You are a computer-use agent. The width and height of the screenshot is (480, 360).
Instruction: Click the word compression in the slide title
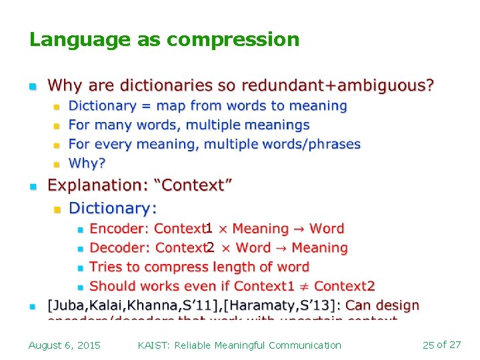(x=233, y=40)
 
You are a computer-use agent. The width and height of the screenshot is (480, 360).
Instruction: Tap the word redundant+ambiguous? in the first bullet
(x=337, y=86)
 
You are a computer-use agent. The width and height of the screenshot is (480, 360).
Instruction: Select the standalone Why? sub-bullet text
(x=87, y=163)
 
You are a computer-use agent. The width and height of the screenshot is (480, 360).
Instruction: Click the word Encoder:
(x=119, y=229)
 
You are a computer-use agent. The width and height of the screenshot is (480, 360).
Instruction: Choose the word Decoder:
(x=119, y=248)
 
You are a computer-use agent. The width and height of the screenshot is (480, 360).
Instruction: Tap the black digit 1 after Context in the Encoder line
(x=209, y=229)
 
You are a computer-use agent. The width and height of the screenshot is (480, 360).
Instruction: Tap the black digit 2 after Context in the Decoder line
(x=210, y=248)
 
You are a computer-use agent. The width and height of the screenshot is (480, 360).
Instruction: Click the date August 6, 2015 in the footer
(x=65, y=345)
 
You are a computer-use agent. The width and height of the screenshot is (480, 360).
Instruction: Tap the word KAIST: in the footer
(x=153, y=345)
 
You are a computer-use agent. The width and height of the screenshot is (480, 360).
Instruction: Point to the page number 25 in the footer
(x=429, y=345)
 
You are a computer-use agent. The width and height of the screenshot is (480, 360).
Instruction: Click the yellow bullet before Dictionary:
(x=57, y=210)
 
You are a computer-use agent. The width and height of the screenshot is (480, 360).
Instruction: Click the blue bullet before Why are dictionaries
(x=32, y=87)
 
